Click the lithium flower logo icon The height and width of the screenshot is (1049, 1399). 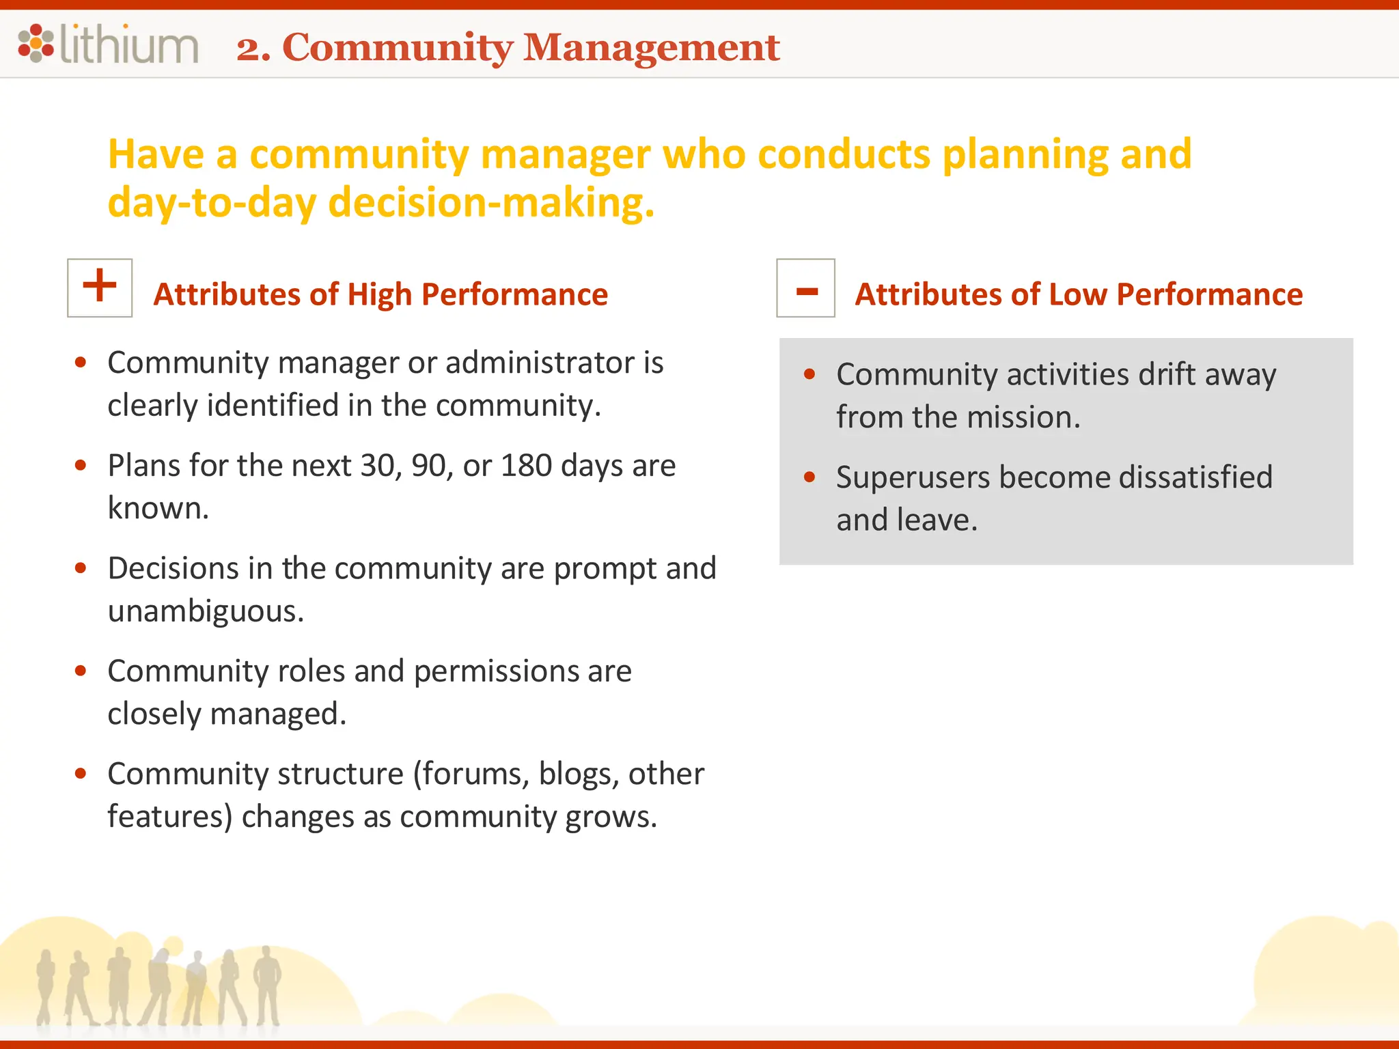click(x=36, y=43)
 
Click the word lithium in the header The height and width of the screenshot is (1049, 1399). click(x=129, y=44)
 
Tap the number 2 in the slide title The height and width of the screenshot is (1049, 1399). click(x=249, y=48)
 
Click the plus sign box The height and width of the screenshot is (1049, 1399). click(x=100, y=288)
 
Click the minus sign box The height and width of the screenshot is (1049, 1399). click(x=805, y=288)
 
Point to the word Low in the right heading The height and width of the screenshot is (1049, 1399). click(x=1078, y=295)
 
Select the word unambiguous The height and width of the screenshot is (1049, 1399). click(x=205, y=611)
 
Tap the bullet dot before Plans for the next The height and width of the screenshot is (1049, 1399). click(x=81, y=466)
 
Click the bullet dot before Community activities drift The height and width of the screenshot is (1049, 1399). click(x=809, y=374)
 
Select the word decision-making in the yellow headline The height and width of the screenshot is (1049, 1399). click(x=490, y=204)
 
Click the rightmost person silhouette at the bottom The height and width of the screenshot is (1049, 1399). click(x=267, y=983)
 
